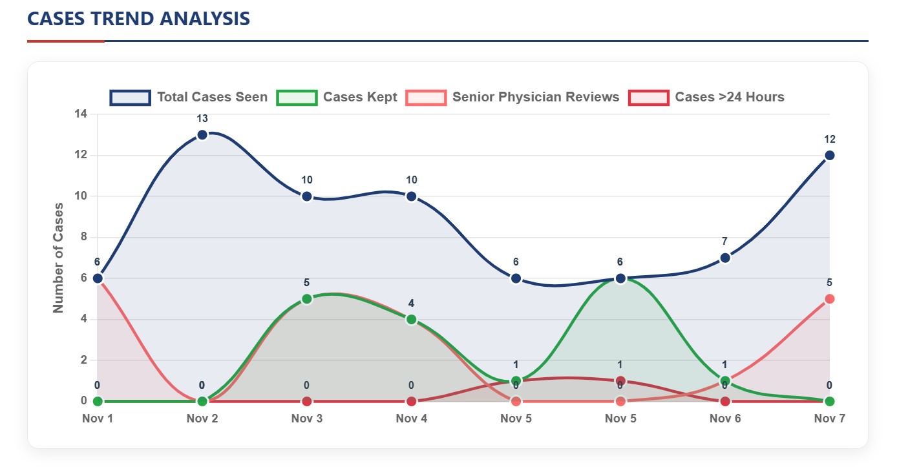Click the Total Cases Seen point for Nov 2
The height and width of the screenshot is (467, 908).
tap(202, 134)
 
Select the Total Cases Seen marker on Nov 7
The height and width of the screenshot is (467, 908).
tap(830, 155)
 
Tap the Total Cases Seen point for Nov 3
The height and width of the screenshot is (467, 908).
tap(307, 196)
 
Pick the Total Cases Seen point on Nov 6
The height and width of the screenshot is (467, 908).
tap(725, 258)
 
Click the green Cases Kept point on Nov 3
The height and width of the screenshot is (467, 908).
tap(307, 299)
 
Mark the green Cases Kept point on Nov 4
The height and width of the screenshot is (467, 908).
tap(412, 319)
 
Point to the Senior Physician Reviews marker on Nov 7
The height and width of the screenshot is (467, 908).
tap(830, 299)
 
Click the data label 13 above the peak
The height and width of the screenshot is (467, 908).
tap(202, 119)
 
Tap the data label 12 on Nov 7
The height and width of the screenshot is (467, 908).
tap(830, 140)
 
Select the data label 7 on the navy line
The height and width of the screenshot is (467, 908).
tap(725, 242)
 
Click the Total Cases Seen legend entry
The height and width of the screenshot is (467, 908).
tap(188, 98)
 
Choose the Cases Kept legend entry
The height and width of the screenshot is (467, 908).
tap(337, 98)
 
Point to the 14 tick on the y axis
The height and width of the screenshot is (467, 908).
tap(81, 114)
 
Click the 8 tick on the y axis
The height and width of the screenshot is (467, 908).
tap(83, 237)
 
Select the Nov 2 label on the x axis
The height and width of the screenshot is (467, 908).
tap(202, 419)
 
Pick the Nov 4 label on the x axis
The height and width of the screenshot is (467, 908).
tap(412, 419)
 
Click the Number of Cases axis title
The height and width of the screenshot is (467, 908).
tap(59, 258)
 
